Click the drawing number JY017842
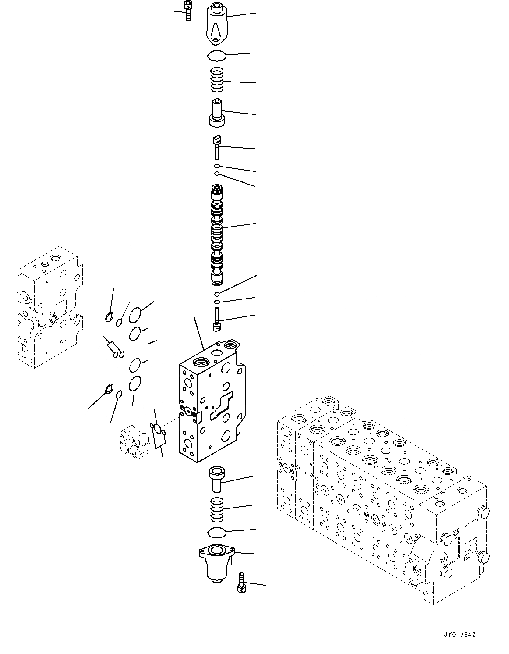click(459, 634)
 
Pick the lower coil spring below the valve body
click(218, 510)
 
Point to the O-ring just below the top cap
click(216, 55)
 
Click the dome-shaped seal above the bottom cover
click(217, 533)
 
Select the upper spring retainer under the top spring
click(217, 114)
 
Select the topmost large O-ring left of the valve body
click(136, 314)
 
